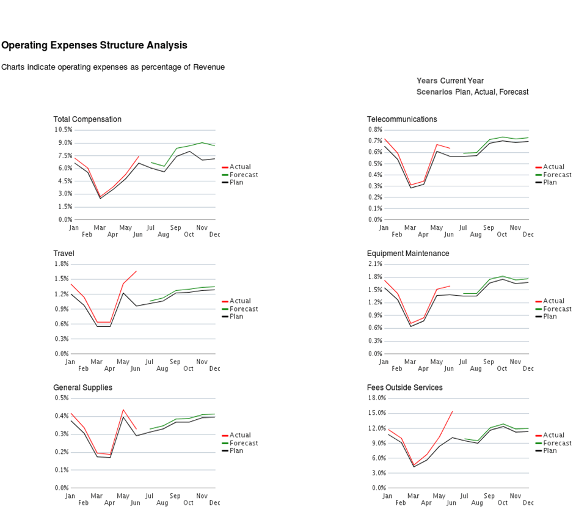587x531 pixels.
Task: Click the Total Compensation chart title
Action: click(x=87, y=119)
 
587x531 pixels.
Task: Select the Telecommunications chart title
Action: click(x=402, y=119)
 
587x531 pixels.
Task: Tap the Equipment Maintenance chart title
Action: click(x=408, y=253)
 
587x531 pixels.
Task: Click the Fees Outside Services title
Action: click(x=405, y=387)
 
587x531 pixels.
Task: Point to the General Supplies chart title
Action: click(x=82, y=387)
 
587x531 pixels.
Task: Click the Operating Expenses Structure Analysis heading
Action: click(x=94, y=45)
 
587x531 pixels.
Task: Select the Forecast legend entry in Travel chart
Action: click(x=244, y=309)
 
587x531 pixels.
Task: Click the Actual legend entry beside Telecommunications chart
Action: click(x=554, y=167)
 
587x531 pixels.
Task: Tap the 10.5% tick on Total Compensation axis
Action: click(x=64, y=130)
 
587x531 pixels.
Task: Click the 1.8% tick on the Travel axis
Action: click(x=62, y=264)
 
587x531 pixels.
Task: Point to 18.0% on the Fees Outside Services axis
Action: click(x=376, y=398)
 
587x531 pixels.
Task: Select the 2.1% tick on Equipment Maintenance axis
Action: click(x=375, y=264)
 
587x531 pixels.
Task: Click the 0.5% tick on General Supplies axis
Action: click(x=62, y=398)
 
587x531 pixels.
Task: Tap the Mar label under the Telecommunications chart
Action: click(x=410, y=227)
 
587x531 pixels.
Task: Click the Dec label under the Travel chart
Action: click(x=214, y=368)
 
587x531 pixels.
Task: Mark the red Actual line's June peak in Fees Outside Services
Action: click(x=452, y=411)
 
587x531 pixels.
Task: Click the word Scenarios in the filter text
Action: click(x=434, y=92)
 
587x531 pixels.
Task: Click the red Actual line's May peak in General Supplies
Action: click(x=123, y=410)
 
